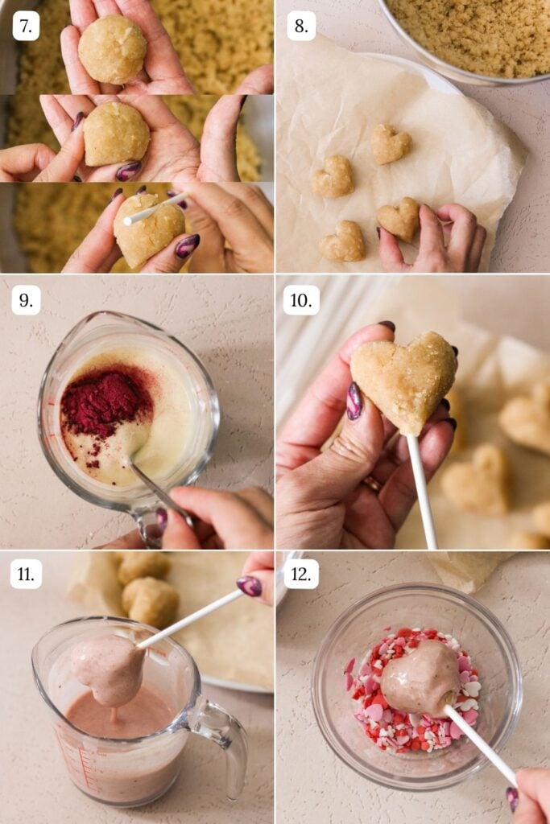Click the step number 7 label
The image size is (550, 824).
26,26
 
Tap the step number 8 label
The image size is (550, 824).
300,26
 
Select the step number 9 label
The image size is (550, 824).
26,300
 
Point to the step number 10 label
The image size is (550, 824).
301,300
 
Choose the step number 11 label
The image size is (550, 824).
26,574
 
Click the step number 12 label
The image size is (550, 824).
301,574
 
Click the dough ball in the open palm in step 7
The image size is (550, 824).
112,49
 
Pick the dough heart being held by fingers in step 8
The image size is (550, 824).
399,218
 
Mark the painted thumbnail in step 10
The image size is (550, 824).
354,401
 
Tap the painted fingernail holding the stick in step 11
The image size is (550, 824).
249,586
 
